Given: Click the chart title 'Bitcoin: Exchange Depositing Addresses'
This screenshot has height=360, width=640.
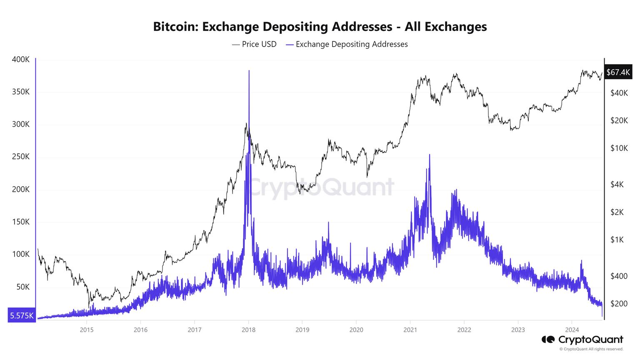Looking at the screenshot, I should (x=320, y=27).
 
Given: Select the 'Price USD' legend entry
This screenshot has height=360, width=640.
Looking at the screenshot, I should (x=254, y=44).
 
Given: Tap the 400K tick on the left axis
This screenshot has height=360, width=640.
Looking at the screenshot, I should (x=21, y=60).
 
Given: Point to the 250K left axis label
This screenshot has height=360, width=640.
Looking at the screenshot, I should (x=21, y=157).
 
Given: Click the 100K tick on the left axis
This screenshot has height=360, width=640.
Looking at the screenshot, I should (x=21, y=254).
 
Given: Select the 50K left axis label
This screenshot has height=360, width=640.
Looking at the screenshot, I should (x=22, y=287).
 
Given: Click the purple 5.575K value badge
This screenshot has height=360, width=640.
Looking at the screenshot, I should (x=22, y=315).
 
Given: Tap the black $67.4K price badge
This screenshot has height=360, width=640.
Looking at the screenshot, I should (x=618, y=72).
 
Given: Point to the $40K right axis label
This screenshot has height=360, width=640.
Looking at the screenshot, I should (x=619, y=93).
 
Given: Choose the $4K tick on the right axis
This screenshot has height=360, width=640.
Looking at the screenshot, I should (x=617, y=185).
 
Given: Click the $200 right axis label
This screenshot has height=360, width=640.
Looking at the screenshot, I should (x=619, y=304).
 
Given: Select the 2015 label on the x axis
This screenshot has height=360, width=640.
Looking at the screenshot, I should (x=87, y=330).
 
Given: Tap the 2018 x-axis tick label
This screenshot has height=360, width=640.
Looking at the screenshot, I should (x=248, y=330).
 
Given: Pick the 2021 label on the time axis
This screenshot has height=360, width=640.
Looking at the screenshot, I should (x=410, y=330).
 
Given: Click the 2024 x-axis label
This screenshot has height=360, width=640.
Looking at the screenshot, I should (x=572, y=330).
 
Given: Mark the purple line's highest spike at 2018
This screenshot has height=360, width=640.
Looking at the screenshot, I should (x=249, y=71).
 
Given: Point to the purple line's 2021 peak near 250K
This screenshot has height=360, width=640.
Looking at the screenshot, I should (x=429, y=155).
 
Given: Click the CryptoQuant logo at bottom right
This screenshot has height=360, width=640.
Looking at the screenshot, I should (x=582, y=340).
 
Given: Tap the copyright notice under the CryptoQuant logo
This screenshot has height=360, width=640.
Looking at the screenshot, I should (x=591, y=349).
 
